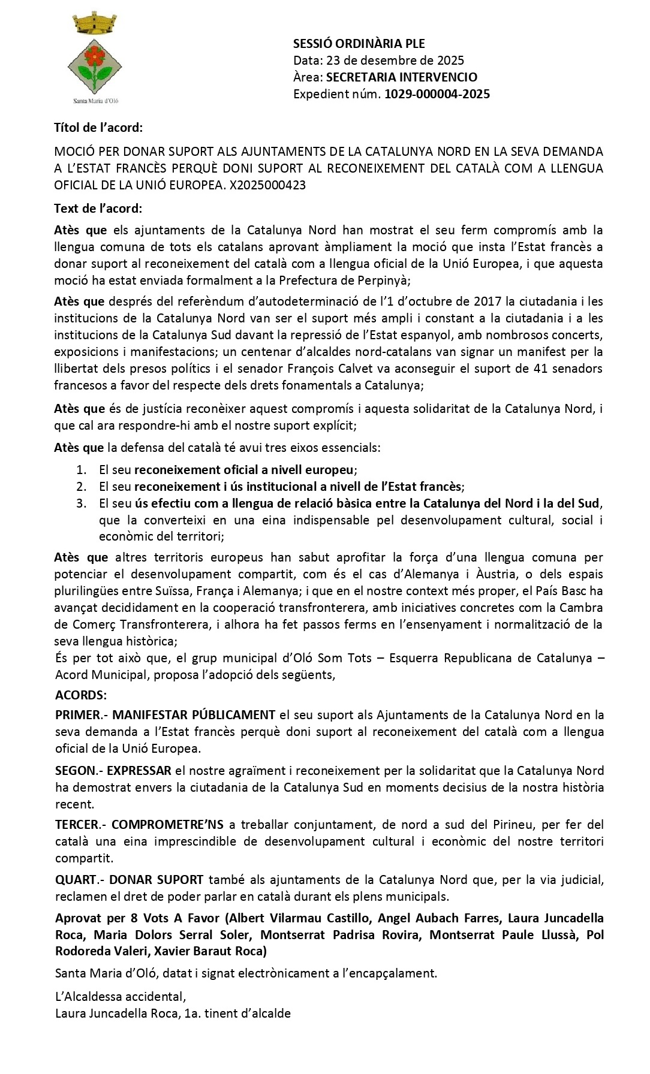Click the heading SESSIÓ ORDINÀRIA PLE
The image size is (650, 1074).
tap(359, 43)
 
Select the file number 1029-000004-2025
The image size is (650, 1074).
tap(437, 93)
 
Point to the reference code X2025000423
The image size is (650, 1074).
tap(267, 185)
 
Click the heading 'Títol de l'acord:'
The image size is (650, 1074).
tap(98, 127)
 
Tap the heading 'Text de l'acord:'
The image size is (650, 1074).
tap(98, 208)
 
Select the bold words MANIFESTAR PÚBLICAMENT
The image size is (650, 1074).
tap(193, 714)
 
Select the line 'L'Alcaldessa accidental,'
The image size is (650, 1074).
tap(120, 996)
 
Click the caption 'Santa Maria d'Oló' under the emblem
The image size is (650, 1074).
tap(95, 100)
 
